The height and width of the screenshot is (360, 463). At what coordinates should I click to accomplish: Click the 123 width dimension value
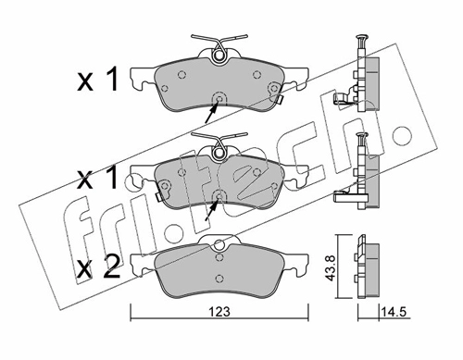click(219, 312)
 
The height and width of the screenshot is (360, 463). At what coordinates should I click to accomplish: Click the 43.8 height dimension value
click(330, 267)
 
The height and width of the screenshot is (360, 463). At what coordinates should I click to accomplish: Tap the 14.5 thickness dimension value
click(394, 312)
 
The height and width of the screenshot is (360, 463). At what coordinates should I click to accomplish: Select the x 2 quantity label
click(98, 267)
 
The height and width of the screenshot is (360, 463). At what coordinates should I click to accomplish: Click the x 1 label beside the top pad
click(97, 80)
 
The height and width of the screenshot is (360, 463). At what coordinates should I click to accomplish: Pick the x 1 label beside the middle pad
click(97, 177)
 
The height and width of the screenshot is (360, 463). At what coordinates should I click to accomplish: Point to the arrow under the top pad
click(211, 113)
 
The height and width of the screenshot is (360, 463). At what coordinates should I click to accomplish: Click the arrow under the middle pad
click(211, 210)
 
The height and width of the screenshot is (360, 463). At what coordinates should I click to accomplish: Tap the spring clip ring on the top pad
click(219, 56)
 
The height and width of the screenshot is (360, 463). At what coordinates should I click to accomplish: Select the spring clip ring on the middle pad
click(219, 152)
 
